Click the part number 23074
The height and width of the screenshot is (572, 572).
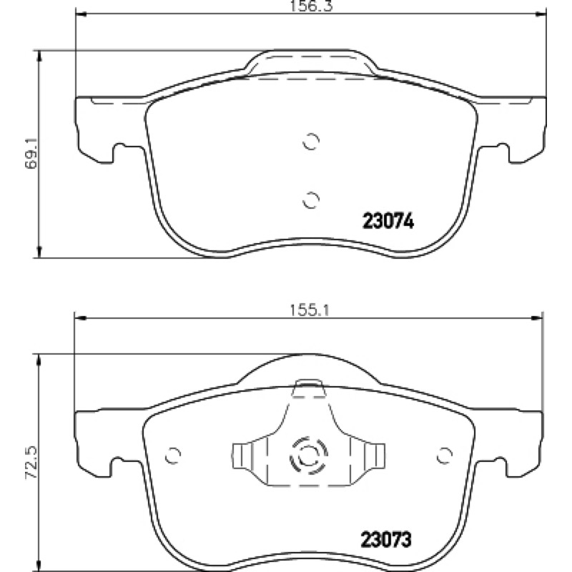pyautogui.click(x=388, y=221)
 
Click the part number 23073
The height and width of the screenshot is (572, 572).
pyautogui.click(x=386, y=540)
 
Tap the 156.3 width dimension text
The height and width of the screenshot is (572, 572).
pyautogui.click(x=311, y=6)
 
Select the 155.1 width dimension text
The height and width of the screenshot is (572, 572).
pyautogui.click(x=310, y=310)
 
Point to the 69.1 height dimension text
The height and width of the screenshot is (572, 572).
pyautogui.click(x=31, y=153)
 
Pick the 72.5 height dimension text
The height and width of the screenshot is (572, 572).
pyautogui.click(x=31, y=463)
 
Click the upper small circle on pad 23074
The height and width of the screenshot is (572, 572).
pyautogui.click(x=311, y=141)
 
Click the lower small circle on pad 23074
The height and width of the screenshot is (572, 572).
pyautogui.click(x=311, y=199)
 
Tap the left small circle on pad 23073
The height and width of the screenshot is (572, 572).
pyautogui.click(x=172, y=455)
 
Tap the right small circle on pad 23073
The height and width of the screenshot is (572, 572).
pyautogui.click(x=445, y=455)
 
